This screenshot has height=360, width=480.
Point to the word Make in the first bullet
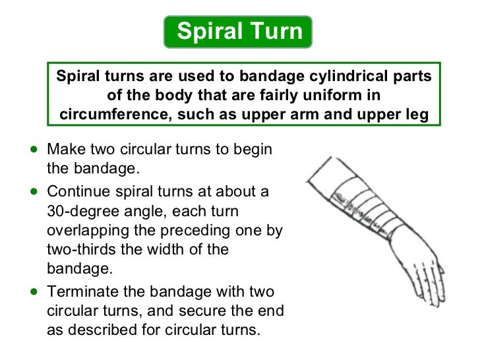pos(65,149)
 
